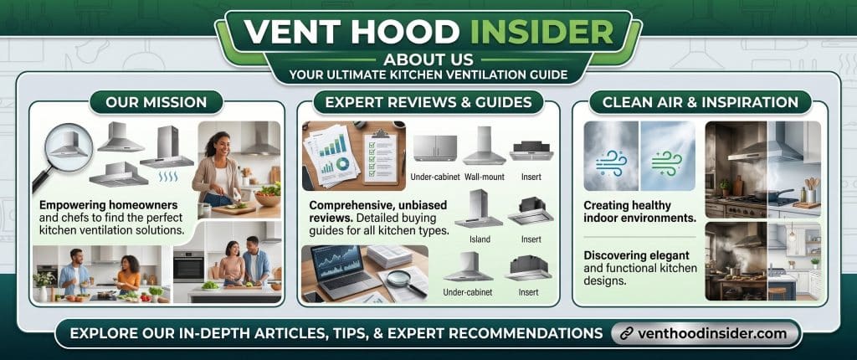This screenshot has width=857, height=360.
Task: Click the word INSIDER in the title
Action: [x=541, y=33]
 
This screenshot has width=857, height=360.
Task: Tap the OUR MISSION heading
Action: [x=156, y=102]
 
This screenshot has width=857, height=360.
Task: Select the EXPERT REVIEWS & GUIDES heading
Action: [x=428, y=102]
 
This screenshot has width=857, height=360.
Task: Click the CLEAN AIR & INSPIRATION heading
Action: [x=700, y=102]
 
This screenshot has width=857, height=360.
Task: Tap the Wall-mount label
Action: [x=485, y=177]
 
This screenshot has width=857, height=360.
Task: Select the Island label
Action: [x=480, y=239]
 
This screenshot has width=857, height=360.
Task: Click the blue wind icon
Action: [x=611, y=163]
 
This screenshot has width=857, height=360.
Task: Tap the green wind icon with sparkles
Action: [x=667, y=163]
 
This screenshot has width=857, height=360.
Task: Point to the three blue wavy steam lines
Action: [x=167, y=177]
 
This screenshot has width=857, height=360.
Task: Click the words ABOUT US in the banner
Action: [x=428, y=59]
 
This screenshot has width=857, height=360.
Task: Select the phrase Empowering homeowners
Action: [x=108, y=205]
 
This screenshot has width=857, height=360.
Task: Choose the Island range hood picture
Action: [x=479, y=209]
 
